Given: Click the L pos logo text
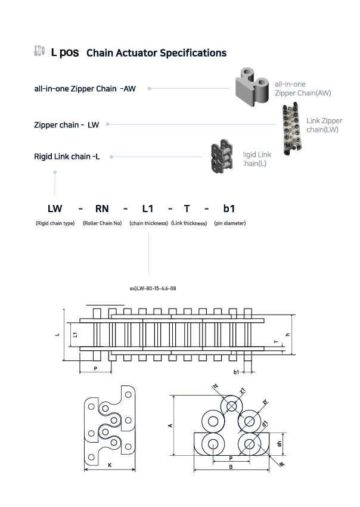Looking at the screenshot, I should [x=64, y=52].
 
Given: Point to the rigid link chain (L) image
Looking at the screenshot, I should [x=222, y=158].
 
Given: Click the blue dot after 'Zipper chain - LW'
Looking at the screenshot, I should [x=107, y=125].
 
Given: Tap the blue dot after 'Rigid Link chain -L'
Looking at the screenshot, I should [x=111, y=157].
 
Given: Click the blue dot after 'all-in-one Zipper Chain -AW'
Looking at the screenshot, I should [x=149, y=88].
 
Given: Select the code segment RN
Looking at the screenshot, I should [x=102, y=209].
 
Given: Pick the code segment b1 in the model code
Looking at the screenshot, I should [x=229, y=209].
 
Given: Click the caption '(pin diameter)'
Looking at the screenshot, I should [x=229, y=223].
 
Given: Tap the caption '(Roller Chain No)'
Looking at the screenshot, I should [x=102, y=223].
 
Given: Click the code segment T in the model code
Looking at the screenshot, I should [x=187, y=209].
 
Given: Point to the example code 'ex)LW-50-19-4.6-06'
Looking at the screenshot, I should [x=153, y=288].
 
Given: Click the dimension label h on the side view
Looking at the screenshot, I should [x=288, y=334].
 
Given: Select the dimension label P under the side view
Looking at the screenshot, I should [x=95, y=369].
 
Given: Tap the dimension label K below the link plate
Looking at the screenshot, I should [x=110, y=464].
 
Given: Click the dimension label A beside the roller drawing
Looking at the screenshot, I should [x=170, y=425].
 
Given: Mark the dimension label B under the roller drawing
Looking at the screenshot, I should [x=230, y=467].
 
